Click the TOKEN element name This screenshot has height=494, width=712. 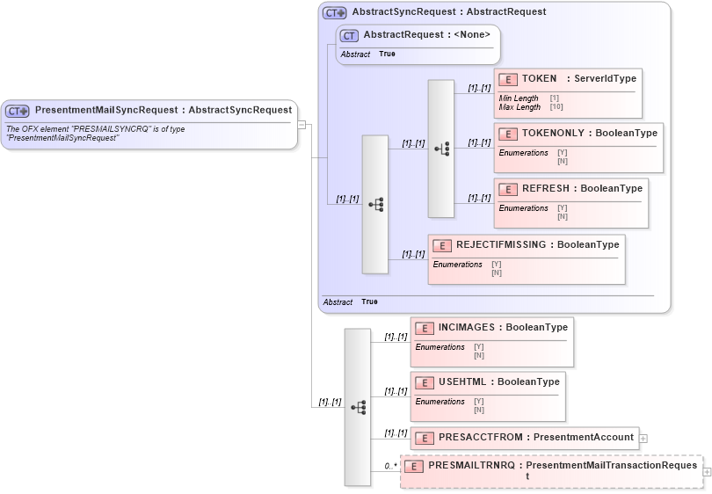[x=539, y=79]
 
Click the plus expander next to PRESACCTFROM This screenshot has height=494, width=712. [x=643, y=437]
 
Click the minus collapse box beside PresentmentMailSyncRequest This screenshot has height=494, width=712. [x=302, y=124]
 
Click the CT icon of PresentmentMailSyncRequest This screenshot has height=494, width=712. [x=18, y=111]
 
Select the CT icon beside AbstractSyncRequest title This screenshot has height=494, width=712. [x=335, y=12]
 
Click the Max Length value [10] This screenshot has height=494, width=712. [x=556, y=107]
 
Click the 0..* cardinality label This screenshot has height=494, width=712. [x=391, y=466]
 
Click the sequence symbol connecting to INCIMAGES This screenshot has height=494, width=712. [x=358, y=407]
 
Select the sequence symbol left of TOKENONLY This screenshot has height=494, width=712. [x=441, y=149]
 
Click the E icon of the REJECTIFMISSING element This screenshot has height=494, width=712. [x=442, y=245]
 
